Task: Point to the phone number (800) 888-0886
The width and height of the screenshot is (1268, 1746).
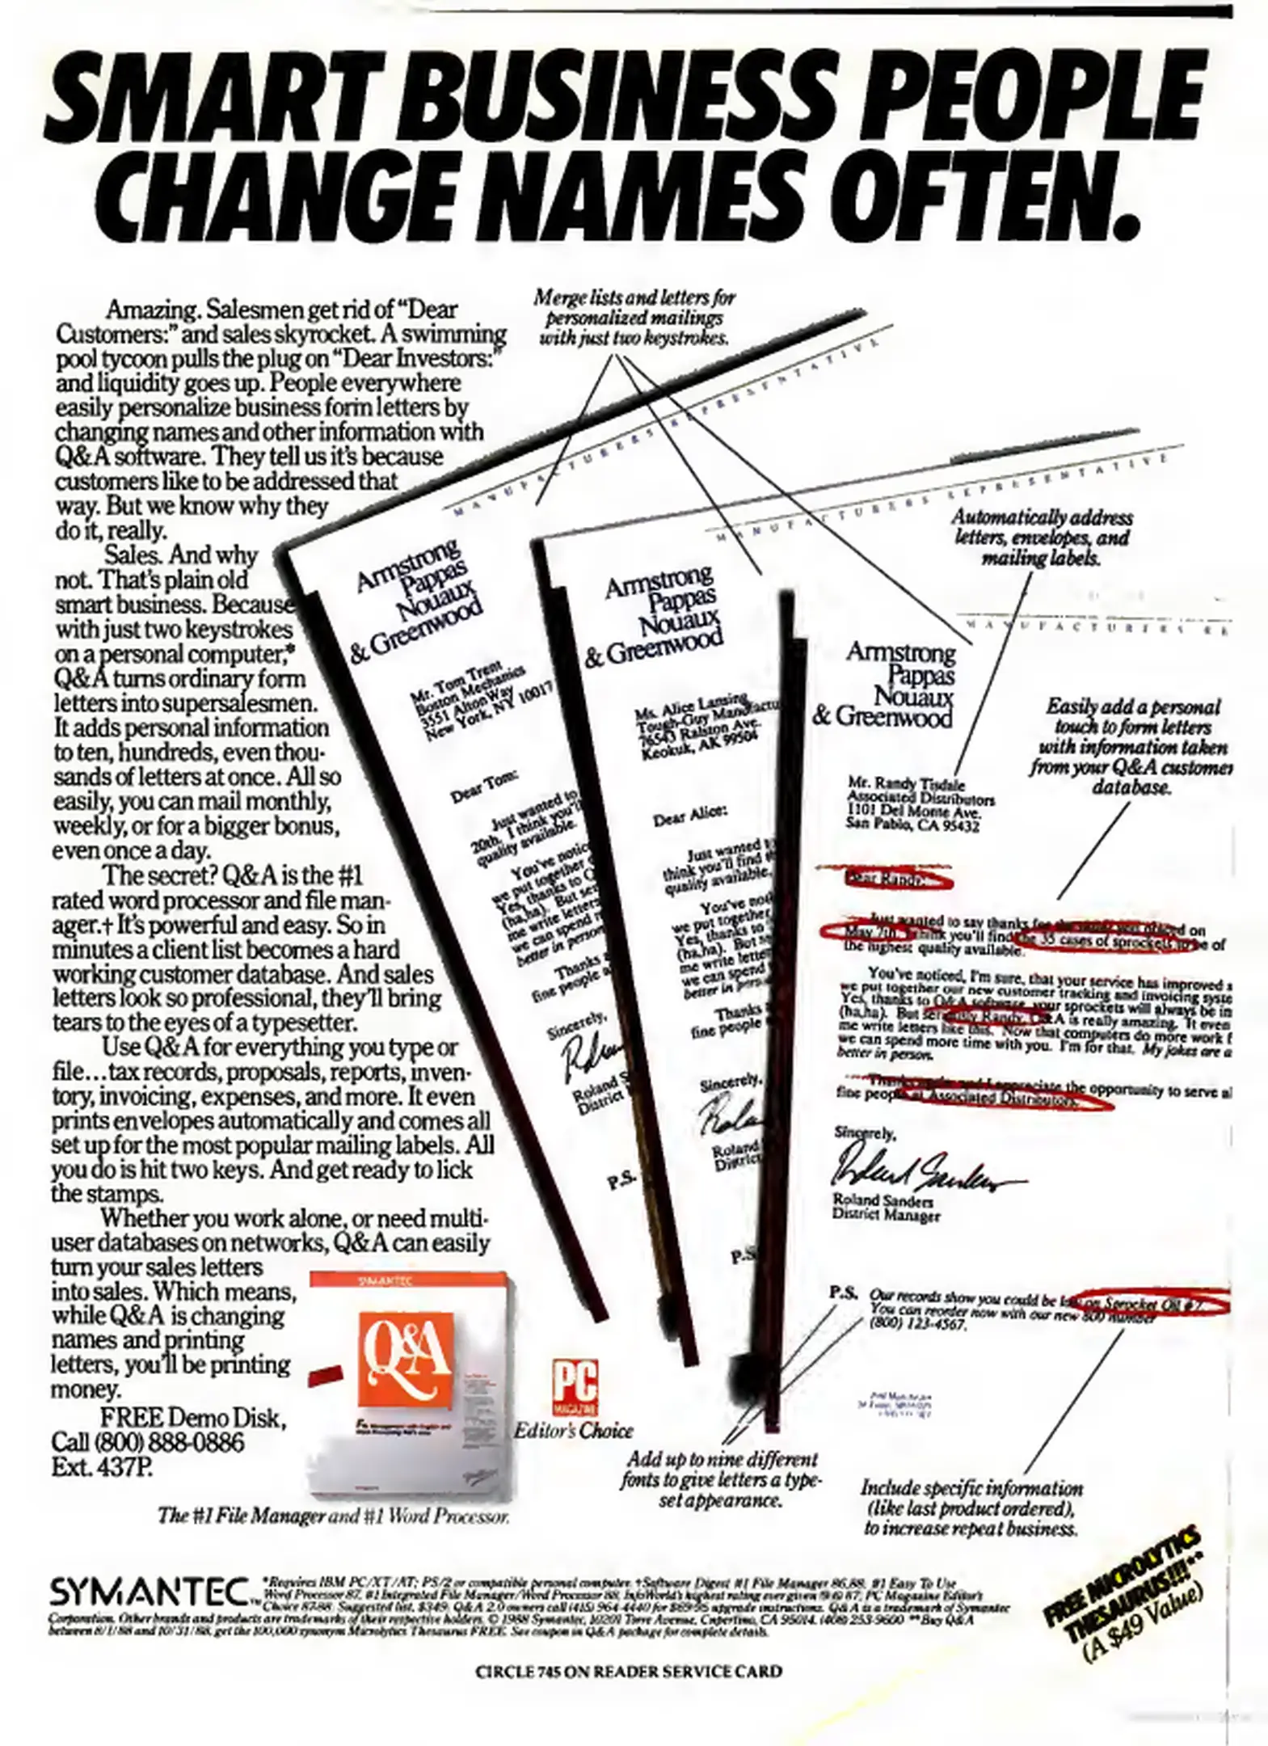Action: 147,1442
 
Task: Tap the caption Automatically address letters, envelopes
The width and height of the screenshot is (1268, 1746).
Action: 1041,538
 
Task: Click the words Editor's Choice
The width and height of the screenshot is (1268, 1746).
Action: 573,1430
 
